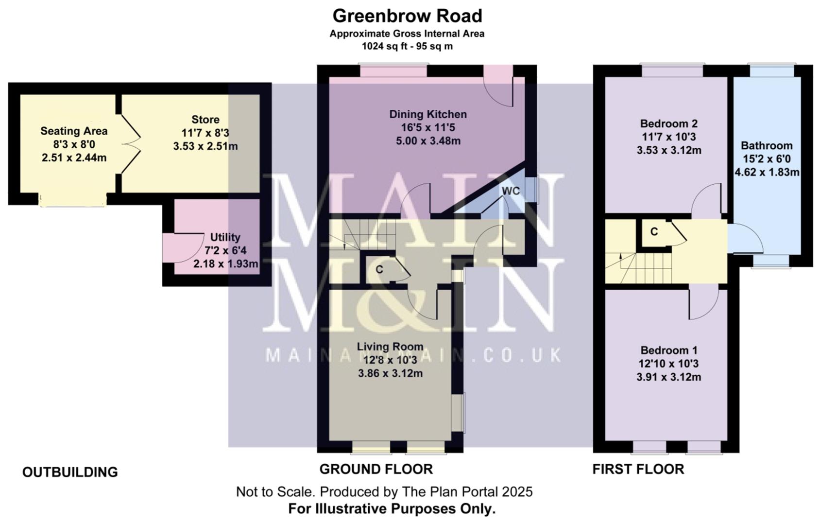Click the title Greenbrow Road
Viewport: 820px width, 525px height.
(x=407, y=16)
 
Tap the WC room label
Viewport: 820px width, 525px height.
(x=511, y=191)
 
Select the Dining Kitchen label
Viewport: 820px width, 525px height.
(x=428, y=114)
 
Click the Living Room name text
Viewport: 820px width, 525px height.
(x=390, y=347)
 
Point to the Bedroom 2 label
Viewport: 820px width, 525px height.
(x=668, y=123)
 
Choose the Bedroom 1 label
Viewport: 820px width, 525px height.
(x=668, y=350)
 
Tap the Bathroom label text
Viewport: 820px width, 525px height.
(x=767, y=145)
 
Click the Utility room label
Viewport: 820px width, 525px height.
(x=225, y=237)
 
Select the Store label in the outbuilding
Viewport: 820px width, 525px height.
(x=205, y=120)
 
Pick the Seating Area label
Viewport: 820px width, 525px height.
(x=74, y=131)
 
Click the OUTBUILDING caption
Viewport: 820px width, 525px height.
(x=70, y=472)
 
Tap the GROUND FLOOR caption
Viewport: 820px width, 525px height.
(x=376, y=469)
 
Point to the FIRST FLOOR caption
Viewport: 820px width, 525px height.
(x=638, y=469)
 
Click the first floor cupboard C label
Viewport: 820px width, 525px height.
(x=654, y=232)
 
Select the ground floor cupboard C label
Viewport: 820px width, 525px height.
(x=379, y=269)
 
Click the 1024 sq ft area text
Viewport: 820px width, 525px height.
(x=407, y=47)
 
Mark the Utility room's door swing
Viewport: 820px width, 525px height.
(x=187, y=247)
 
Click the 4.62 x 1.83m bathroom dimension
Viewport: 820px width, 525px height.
(x=767, y=172)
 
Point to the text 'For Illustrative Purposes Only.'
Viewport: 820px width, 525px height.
(x=392, y=509)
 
